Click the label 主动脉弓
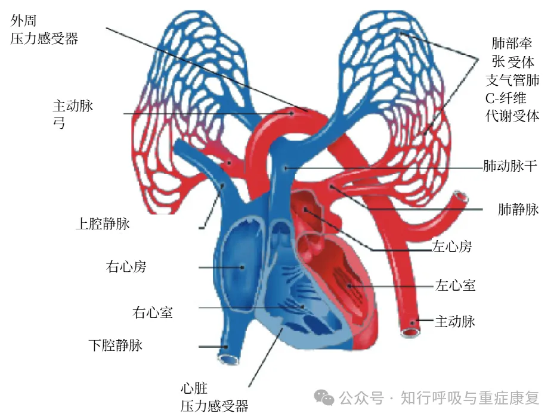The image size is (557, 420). (73, 114)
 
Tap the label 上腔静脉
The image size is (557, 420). (103, 224)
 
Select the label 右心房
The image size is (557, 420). (126, 266)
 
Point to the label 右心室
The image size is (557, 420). (153, 312)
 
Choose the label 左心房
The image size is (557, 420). (451, 246)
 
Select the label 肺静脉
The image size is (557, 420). (518, 209)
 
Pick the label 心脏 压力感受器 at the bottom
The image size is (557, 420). (214, 398)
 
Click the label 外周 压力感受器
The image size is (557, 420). (44, 30)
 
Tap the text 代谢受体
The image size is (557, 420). (513, 116)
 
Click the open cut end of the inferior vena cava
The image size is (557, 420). (228, 357)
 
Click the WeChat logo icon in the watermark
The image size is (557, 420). (325, 397)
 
